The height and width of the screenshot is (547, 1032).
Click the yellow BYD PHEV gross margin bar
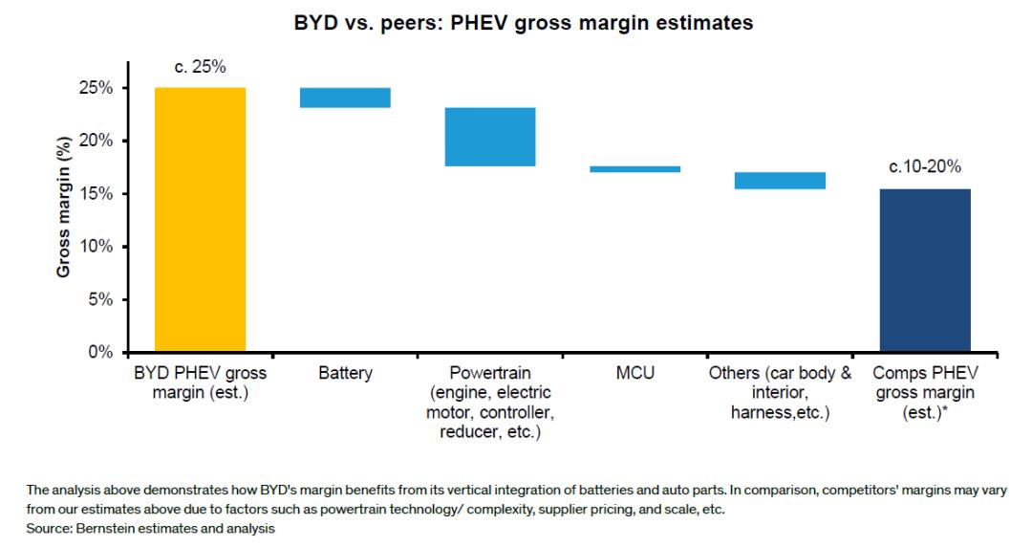click(200, 220)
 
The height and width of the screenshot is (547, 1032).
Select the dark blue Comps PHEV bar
click(925, 270)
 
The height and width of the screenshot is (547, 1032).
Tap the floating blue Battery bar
click(345, 98)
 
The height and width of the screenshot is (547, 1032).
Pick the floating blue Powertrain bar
click(490, 137)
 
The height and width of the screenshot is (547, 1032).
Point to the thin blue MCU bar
click(635, 169)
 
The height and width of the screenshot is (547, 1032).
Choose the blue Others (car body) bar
click(780, 181)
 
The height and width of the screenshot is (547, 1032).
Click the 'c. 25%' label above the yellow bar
click(200, 67)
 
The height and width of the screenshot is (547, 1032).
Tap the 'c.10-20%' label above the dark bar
click(925, 168)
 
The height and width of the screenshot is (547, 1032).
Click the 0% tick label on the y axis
click(99, 353)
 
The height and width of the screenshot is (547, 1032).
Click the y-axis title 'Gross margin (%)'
click(63, 220)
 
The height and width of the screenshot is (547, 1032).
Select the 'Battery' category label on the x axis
click(345, 373)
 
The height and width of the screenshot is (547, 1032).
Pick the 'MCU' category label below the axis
click(635, 373)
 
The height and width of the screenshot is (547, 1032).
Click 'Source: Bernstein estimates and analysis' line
click(139, 527)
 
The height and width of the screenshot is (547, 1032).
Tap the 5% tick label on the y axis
click(99, 299)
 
